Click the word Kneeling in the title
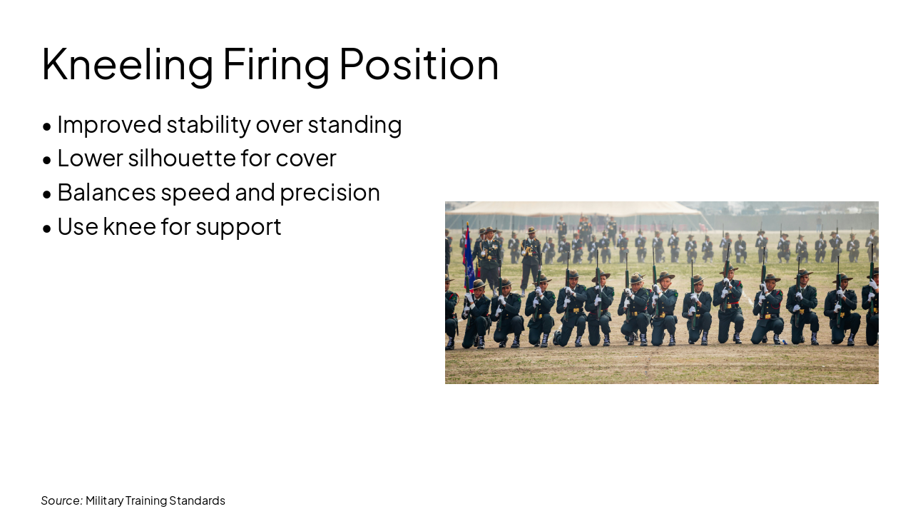tap(127, 64)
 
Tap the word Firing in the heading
tap(275, 64)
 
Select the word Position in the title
tap(419, 64)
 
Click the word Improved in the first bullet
tap(109, 124)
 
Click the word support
tap(238, 227)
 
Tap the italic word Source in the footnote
tap(61, 500)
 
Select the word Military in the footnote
tap(104, 500)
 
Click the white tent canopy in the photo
tap(571, 208)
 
